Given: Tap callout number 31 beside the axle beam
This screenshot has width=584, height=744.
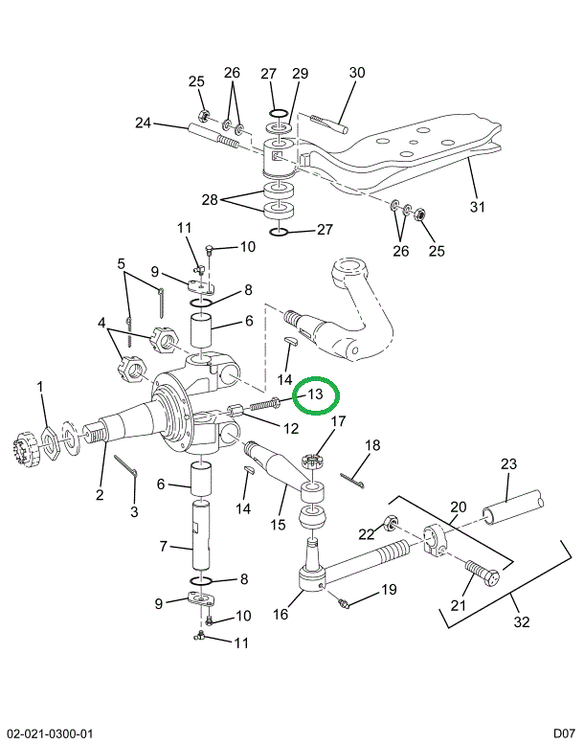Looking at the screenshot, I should point(479,206).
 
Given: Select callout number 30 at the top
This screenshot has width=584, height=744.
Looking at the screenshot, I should point(357,73).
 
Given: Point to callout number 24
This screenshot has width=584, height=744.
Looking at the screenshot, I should point(144,123).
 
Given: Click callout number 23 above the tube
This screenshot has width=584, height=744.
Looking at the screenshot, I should point(508,464).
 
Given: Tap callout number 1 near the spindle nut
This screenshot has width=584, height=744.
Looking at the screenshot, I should point(40,387).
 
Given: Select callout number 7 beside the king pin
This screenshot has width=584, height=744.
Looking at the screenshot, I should point(164,546).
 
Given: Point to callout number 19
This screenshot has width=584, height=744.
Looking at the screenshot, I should point(389,590).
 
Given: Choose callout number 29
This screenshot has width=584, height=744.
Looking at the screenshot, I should point(300,74).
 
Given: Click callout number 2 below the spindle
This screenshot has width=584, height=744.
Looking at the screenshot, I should point(99,494).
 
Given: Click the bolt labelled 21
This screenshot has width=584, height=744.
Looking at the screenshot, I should point(479,576).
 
